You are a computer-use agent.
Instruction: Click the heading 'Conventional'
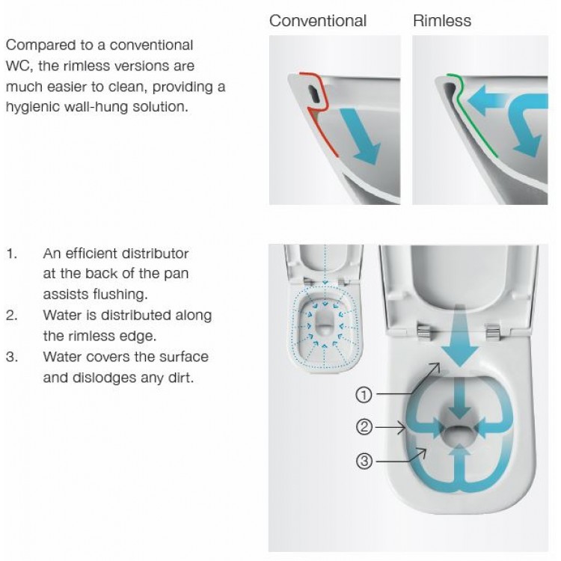(x=318, y=20)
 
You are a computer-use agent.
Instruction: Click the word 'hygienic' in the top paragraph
(x=32, y=107)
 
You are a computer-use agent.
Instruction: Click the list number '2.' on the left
(x=13, y=315)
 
